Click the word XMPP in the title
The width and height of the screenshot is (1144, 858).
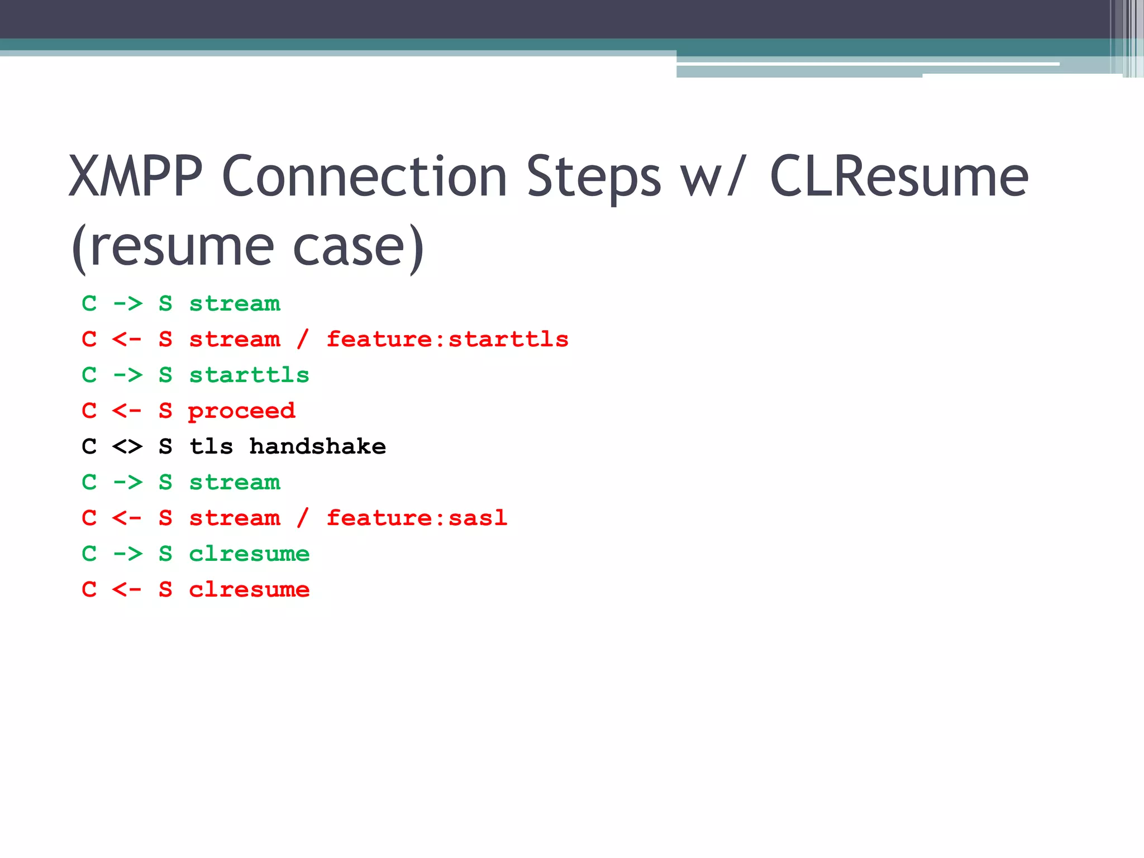tap(135, 177)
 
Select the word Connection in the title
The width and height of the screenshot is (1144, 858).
tap(364, 177)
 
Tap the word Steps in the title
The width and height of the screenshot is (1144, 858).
tap(594, 177)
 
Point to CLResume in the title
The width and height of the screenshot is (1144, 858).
tap(899, 177)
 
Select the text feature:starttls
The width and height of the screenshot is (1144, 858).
tap(447, 340)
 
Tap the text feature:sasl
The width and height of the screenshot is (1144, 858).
tap(417, 518)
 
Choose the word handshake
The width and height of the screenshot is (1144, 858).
tap(317, 447)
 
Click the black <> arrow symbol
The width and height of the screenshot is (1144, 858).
tap(127, 447)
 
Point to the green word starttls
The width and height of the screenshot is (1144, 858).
tap(249, 375)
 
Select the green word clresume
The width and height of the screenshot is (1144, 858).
tap(249, 554)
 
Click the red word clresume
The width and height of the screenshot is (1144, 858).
tap(249, 590)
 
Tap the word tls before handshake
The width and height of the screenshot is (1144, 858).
tap(211, 447)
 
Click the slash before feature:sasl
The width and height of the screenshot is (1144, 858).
tap(303, 518)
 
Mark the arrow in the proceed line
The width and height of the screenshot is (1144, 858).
tap(127, 411)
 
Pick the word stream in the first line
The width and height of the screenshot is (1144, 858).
tap(235, 304)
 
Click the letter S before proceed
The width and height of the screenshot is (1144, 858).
tap(165, 411)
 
